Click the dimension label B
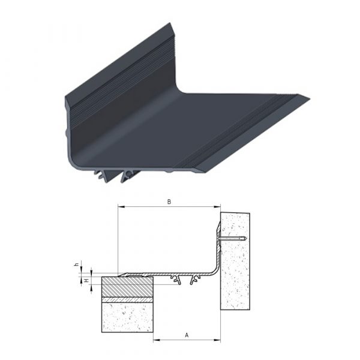click(x=169, y=202)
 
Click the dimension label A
click(x=187, y=335)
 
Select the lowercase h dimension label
click(x=77, y=264)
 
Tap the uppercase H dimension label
click(x=86, y=281)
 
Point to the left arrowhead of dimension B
click(x=121, y=207)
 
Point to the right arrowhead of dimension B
click(x=217, y=207)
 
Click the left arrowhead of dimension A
click(x=157, y=340)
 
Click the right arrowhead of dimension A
click(x=217, y=340)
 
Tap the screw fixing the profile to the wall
click(x=232, y=239)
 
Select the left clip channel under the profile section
click(x=176, y=280)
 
